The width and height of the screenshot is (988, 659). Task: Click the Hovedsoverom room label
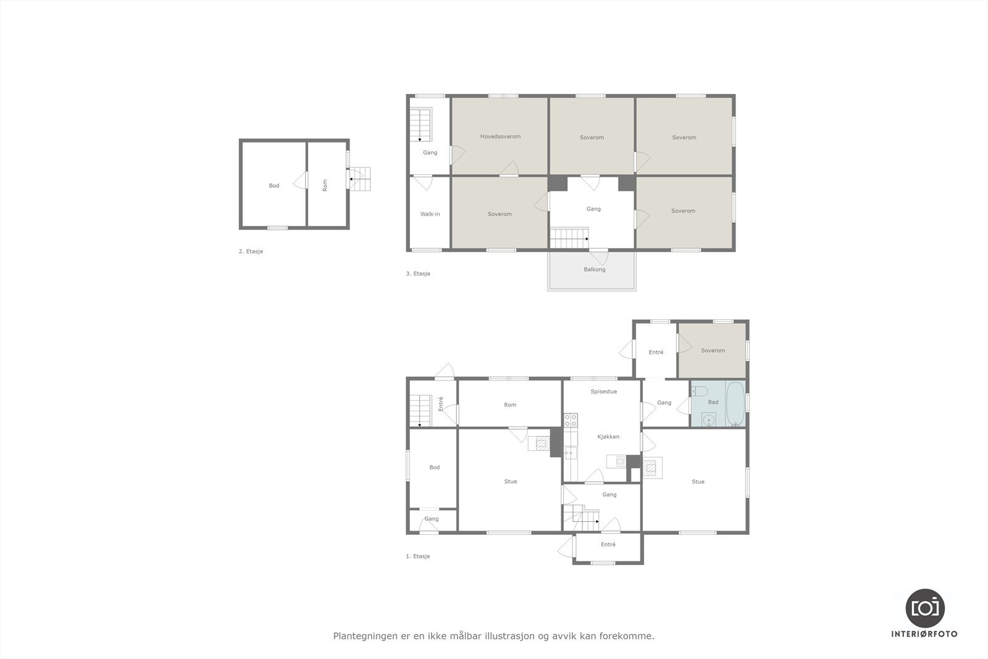(500, 136)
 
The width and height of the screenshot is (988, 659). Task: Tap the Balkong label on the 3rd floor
(595, 269)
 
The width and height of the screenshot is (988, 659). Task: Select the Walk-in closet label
(430, 214)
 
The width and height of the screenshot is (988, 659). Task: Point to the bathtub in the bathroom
(735, 403)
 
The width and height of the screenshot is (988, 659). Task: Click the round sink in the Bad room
(709, 419)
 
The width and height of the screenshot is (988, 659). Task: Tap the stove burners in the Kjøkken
(571, 420)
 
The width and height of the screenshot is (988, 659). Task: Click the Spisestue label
(603, 392)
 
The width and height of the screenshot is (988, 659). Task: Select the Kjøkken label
(608, 437)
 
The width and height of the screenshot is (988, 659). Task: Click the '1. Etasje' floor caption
(417, 556)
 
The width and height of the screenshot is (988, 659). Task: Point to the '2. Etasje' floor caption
(251, 251)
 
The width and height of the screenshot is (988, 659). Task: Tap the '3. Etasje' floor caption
(418, 274)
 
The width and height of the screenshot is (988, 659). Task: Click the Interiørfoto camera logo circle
(924, 608)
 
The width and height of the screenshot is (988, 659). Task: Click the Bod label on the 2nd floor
(274, 185)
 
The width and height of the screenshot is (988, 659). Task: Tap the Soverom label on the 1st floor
(713, 350)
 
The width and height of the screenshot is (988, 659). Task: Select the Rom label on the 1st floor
(509, 405)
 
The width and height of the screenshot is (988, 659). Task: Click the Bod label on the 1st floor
(434, 468)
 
